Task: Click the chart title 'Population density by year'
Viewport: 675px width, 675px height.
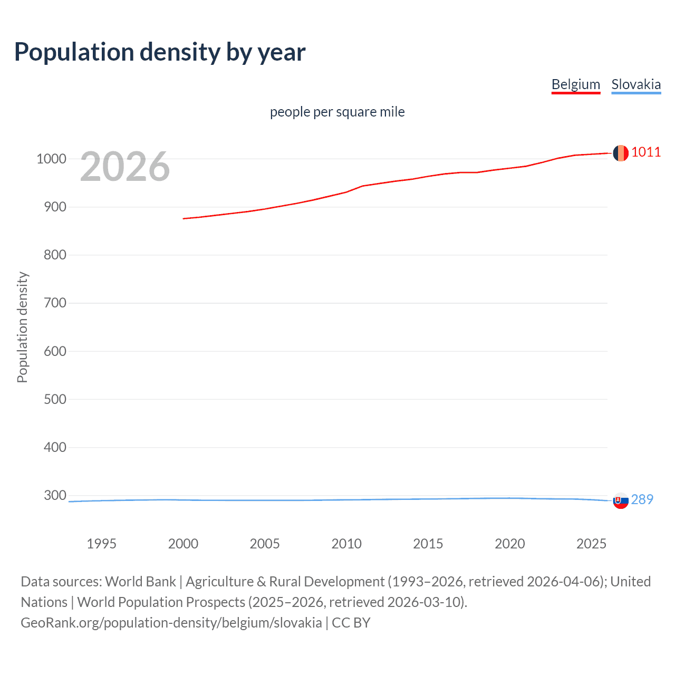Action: (x=160, y=52)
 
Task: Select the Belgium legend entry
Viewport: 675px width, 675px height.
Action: (x=575, y=84)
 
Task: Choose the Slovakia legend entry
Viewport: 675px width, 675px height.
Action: (x=635, y=84)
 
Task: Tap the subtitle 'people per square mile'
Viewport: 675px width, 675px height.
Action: (x=337, y=112)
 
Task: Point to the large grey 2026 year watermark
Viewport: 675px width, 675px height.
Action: (x=125, y=167)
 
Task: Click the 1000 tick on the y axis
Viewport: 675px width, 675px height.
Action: (x=51, y=159)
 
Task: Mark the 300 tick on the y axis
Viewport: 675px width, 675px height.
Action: (x=55, y=495)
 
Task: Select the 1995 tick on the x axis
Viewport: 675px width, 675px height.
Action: (x=101, y=544)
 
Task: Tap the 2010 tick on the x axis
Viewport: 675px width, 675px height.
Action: (x=346, y=544)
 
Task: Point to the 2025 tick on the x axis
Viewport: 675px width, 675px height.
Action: (x=591, y=544)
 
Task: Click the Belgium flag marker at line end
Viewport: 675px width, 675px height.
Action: (x=621, y=153)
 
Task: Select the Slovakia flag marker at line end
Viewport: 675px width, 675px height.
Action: (x=621, y=500)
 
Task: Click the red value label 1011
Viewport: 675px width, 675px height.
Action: (x=646, y=152)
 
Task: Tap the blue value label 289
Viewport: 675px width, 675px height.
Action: (x=642, y=499)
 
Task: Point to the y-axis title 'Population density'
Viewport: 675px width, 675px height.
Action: (x=22, y=327)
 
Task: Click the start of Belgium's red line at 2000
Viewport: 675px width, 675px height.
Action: (x=184, y=218)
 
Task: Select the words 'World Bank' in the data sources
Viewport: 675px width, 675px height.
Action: (x=140, y=582)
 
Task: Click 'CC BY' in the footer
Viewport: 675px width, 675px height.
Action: (x=351, y=623)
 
